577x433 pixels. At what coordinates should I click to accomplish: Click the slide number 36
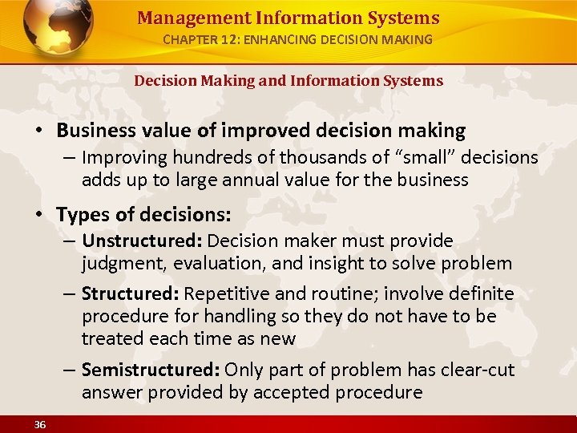click(40, 424)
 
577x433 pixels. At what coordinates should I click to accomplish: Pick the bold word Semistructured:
click(151, 370)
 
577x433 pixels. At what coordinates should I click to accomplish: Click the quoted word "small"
click(381, 158)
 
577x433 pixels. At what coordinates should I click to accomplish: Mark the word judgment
click(119, 263)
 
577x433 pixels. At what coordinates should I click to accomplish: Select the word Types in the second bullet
click(83, 215)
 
